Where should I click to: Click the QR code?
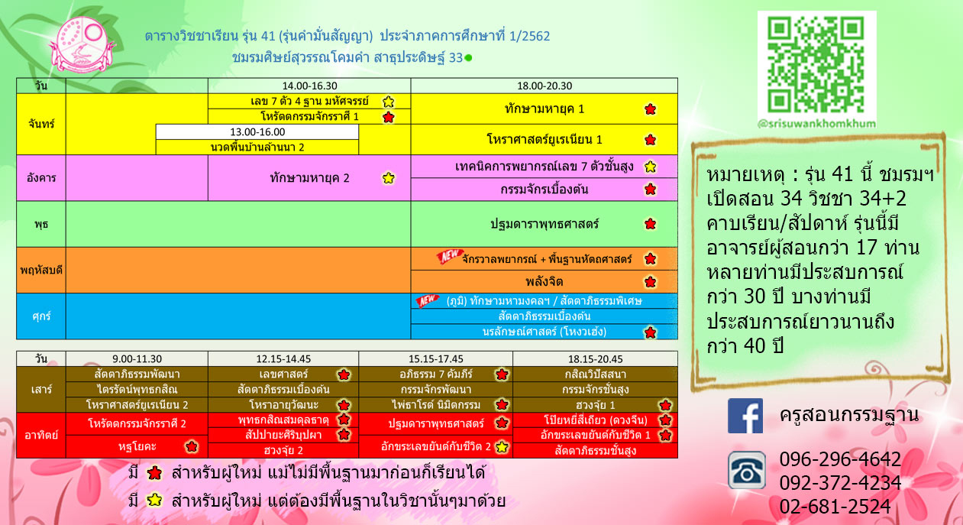816,64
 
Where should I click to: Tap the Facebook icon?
745,416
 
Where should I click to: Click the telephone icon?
746,470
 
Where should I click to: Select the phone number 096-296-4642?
840,459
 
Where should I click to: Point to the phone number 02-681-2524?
835,506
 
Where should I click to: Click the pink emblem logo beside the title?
82,44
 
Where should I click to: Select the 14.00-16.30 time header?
309,86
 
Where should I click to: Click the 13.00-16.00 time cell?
257,131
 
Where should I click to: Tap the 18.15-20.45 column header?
595,358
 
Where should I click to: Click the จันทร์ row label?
41,124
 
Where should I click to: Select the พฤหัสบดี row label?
41,271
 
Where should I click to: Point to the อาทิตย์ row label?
41,435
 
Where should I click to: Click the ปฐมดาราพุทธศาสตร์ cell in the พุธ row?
545,224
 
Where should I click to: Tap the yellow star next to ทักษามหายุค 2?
388,178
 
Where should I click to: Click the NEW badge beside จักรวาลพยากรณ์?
450,256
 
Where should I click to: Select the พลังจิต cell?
545,282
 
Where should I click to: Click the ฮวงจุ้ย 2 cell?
283,450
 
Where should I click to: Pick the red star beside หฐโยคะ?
192,446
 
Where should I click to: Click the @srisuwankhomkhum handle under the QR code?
816,124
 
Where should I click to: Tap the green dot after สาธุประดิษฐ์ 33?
469,57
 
